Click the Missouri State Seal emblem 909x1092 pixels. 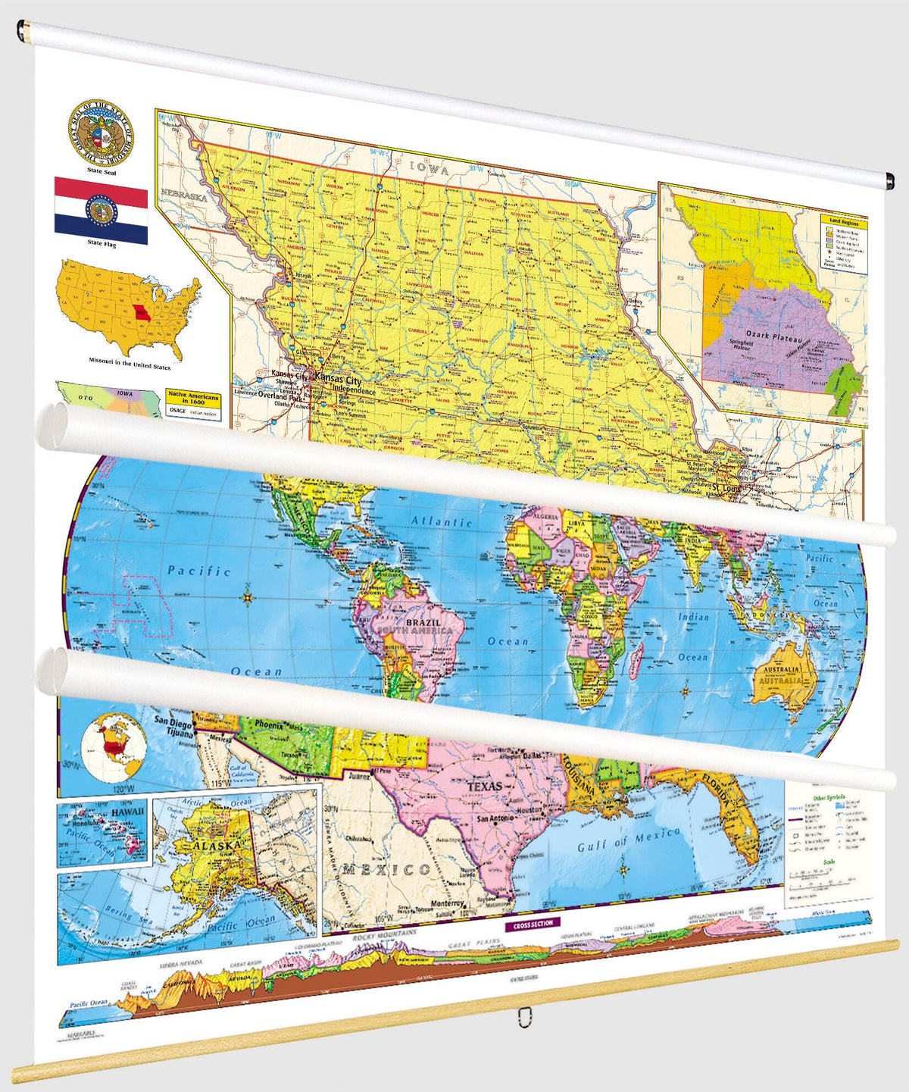pyautogui.click(x=101, y=133)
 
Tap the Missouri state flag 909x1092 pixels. pyautogui.click(x=101, y=211)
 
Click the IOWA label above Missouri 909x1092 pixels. pyautogui.click(x=429, y=167)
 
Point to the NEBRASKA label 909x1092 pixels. pyautogui.click(x=183, y=197)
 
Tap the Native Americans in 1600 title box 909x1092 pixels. pyautogui.click(x=193, y=399)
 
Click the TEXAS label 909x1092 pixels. pyautogui.click(x=484, y=787)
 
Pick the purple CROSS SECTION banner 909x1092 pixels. pyautogui.click(x=533, y=924)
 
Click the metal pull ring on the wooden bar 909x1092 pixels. pyautogui.click(x=523, y=1017)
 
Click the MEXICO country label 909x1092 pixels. pyautogui.click(x=386, y=869)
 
